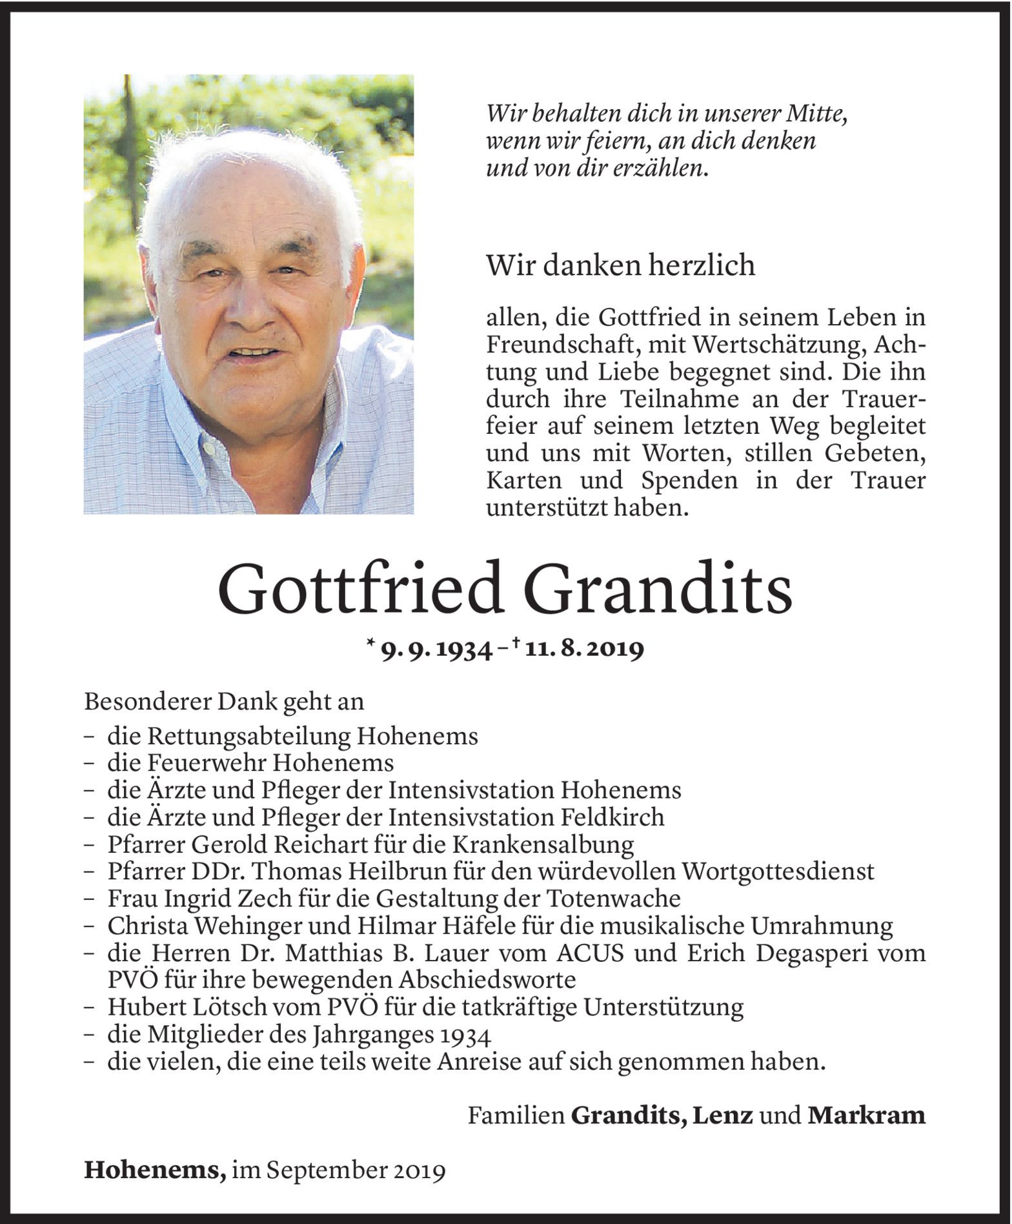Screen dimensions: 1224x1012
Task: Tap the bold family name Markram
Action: tap(865, 1115)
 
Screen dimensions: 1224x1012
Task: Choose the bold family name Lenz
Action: tap(722, 1115)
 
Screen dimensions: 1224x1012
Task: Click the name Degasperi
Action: tap(815, 953)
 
